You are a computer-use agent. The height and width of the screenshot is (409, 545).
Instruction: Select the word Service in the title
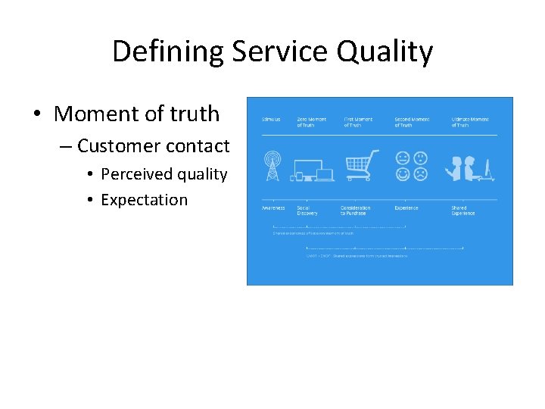pos(280,52)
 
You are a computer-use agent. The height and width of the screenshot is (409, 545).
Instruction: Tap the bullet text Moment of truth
pos(136,114)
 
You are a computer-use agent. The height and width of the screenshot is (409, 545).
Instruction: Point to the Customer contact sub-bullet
pos(153,145)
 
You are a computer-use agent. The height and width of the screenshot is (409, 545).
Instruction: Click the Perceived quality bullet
pos(163,174)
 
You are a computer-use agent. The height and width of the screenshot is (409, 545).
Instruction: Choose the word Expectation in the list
pos(144,200)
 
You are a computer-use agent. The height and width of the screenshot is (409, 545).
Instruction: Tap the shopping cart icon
pos(361,166)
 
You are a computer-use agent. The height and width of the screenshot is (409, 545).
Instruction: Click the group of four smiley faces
pos(411,166)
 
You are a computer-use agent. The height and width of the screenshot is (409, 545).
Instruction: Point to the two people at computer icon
pos(469,167)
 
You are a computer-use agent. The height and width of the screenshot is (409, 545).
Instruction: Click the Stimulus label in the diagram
pos(271,120)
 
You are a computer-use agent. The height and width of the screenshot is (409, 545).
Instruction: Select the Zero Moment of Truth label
pos(311,122)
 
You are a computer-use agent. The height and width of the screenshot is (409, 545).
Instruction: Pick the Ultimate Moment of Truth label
pos(470,122)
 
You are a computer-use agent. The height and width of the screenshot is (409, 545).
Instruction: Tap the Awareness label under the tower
pos(273,208)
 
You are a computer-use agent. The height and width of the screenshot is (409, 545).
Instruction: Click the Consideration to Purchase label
pos(356,211)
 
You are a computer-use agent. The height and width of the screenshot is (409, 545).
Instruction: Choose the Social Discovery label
pos(308,211)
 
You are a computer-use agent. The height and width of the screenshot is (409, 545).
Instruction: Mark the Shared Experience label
pos(463,211)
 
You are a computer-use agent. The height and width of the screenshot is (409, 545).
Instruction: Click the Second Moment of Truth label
pos(412,122)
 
